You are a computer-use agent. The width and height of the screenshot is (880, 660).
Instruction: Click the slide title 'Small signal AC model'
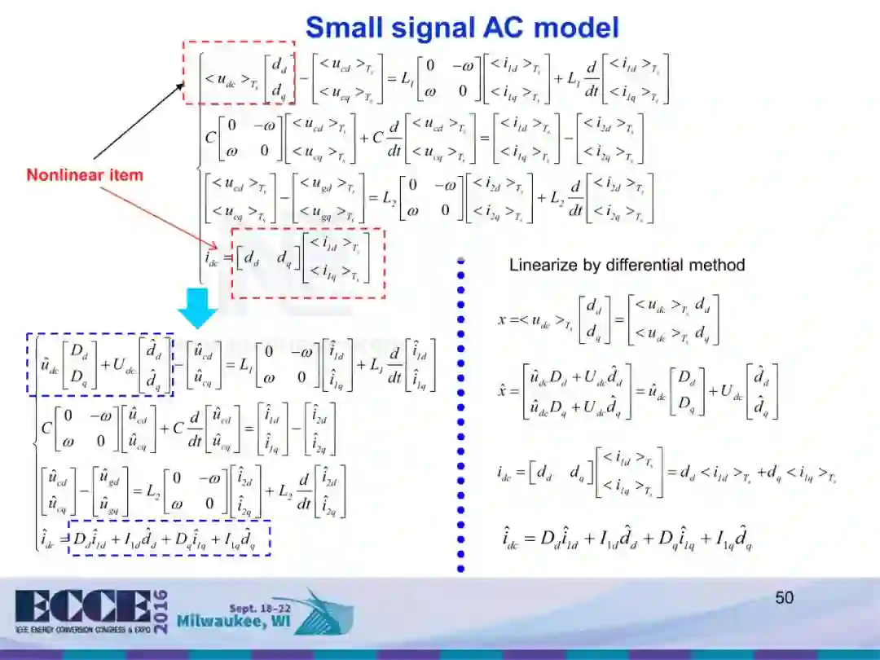[462, 28]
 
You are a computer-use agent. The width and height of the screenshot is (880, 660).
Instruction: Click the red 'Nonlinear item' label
[85, 174]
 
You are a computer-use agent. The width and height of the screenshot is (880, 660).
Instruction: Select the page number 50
[784, 598]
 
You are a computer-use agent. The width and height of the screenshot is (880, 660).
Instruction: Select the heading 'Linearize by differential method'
[627, 265]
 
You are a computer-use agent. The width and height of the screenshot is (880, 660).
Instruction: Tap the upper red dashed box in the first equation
[238, 73]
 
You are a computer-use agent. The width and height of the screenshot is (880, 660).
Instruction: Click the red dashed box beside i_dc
[308, 262]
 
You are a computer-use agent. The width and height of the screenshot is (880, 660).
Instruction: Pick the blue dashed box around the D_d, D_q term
[100, 364]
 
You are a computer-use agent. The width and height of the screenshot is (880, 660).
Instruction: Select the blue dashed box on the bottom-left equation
[169, 538]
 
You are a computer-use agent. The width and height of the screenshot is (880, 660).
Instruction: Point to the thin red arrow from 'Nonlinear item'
[163, 214]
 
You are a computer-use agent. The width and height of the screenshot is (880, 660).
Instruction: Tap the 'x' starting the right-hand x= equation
[503, 320]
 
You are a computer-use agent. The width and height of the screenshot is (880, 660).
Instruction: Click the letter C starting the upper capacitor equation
[210, 136]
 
